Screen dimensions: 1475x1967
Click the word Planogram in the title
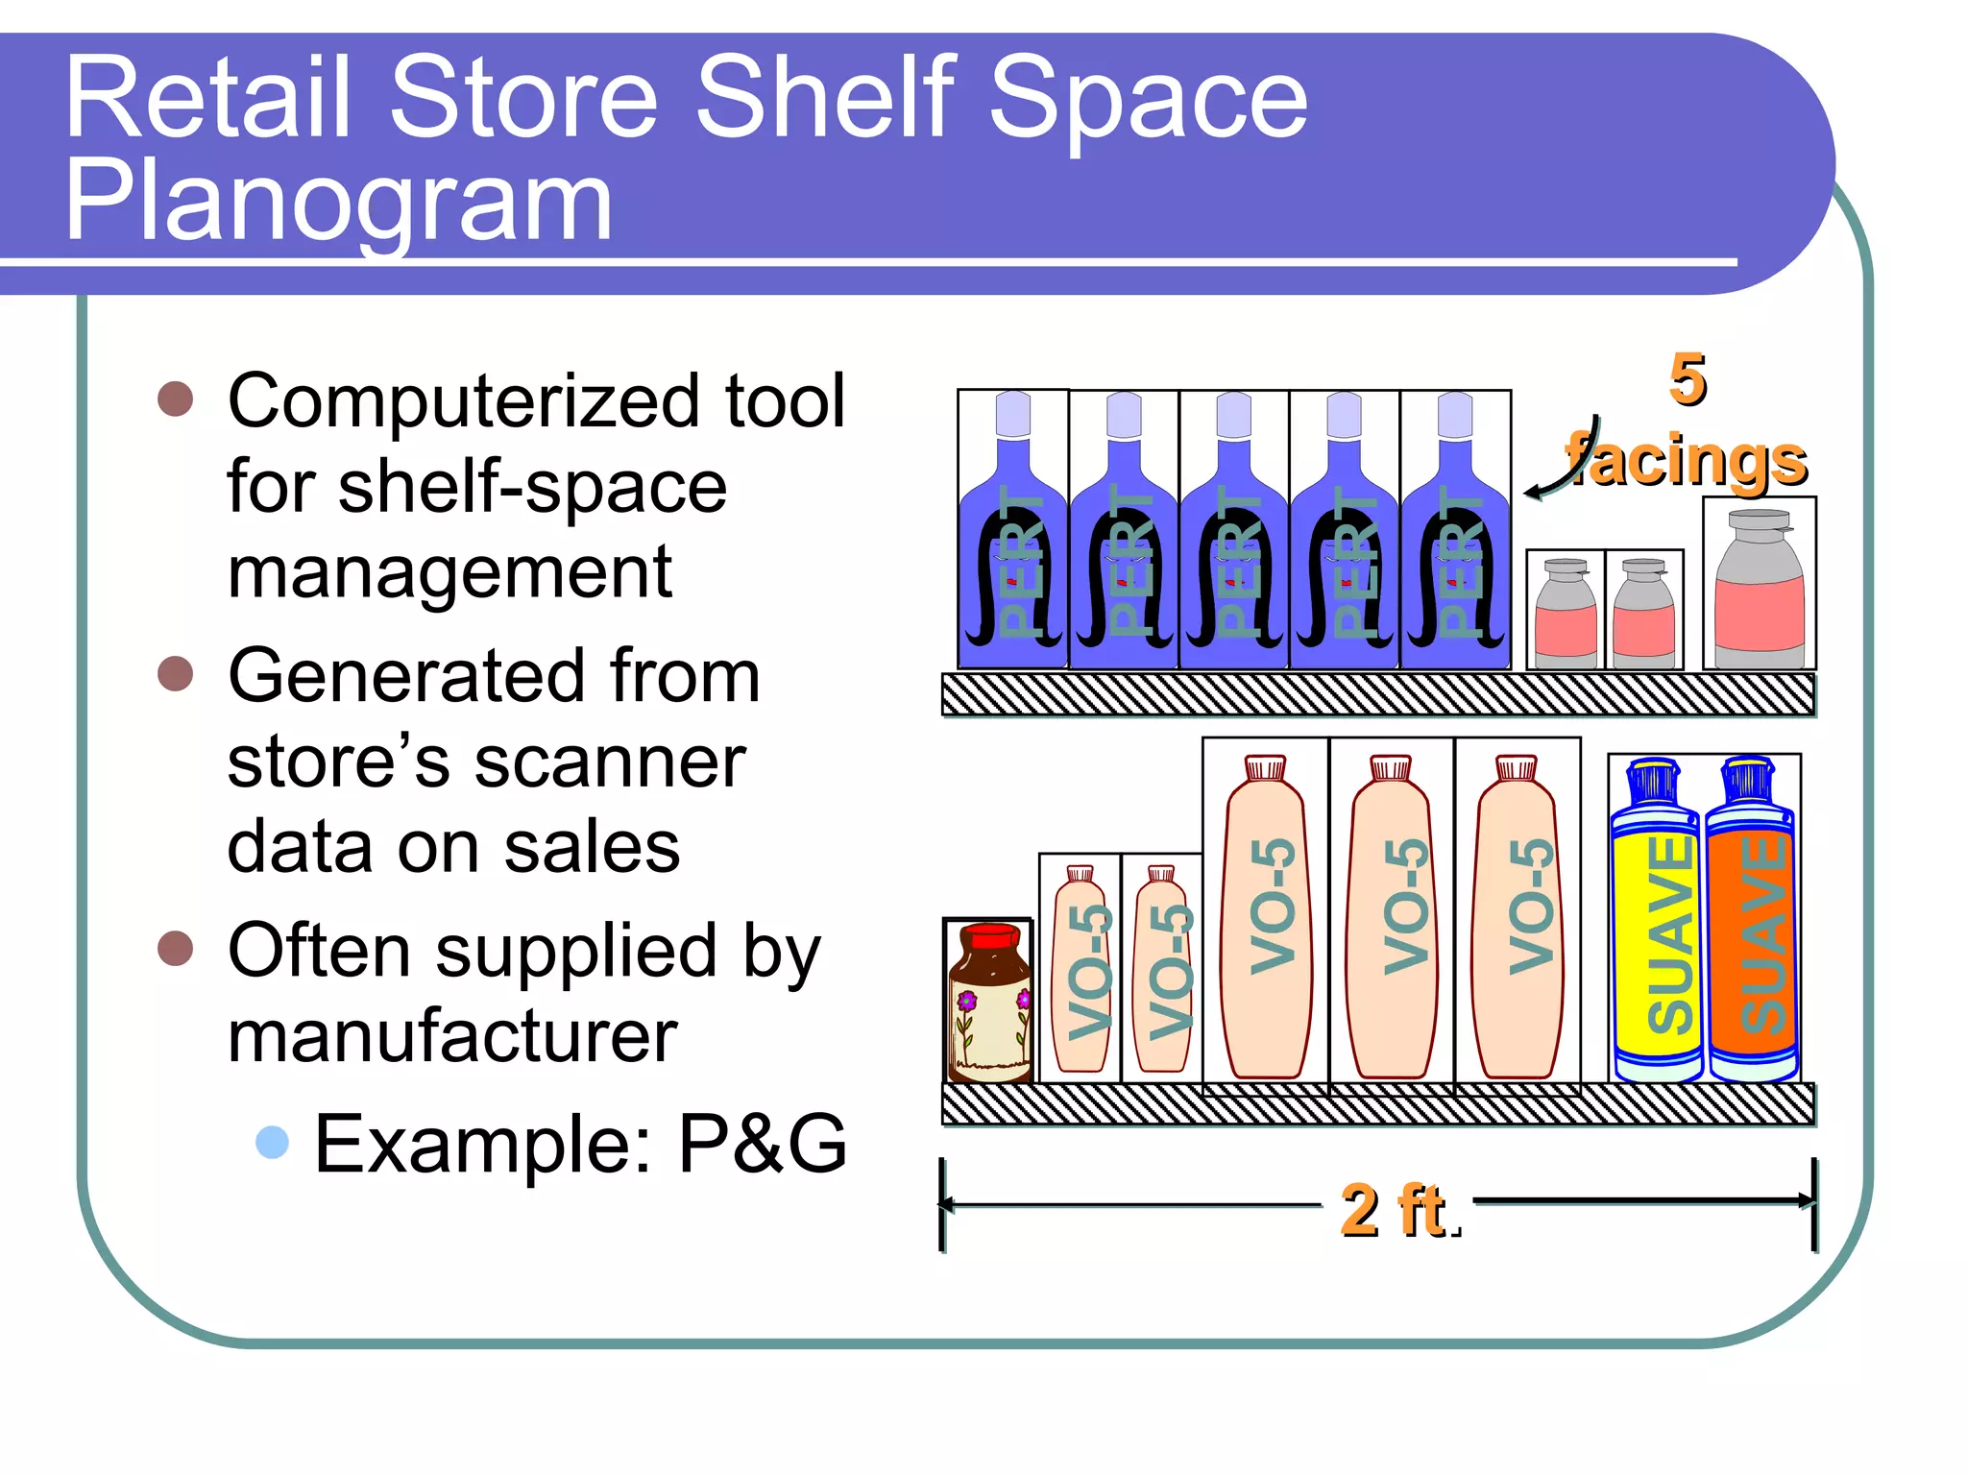point(338,204)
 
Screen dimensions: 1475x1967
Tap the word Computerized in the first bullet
point(465,400)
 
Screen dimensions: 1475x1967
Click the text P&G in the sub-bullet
point(763,1144)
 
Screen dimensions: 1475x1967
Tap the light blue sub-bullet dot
point(273,1142)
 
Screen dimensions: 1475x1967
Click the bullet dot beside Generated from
point(176,674)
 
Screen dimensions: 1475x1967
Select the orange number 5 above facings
point(1688,379)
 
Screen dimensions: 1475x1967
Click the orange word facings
point(1687,461)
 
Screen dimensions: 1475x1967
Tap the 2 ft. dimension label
point(1398,1210)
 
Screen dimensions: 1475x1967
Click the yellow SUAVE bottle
point(1656,922)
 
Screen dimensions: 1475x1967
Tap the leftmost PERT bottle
point(1013,538)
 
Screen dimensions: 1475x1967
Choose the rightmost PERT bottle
point(1455,538)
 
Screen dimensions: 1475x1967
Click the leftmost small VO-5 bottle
point(1081,970)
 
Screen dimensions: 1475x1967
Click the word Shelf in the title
point(827,96)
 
